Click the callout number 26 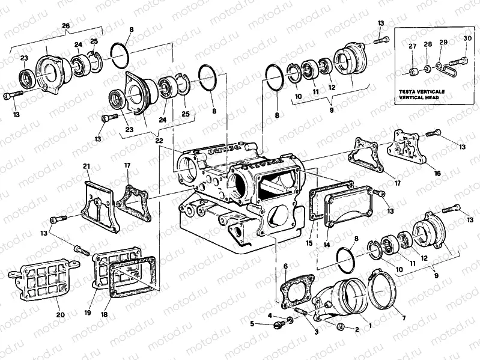tap(66, 25)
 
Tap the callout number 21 tap(87, 166)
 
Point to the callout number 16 tap(437, 173)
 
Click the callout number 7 tap(403, 317)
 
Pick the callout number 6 tap(285, 266)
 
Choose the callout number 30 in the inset tap(467, 38)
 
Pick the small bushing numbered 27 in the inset tap(412, 73)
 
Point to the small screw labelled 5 tap(278, 325)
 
